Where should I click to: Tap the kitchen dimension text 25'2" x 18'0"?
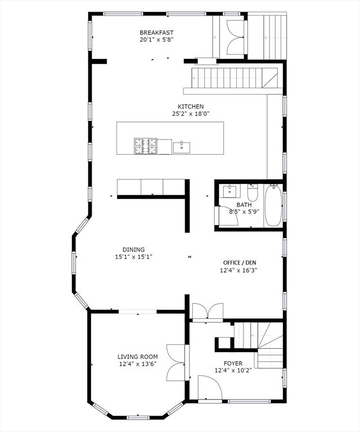[191, 114]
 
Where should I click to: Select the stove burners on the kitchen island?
[145, 146]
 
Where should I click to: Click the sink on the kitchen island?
[182, 147]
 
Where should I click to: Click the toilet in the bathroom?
[253, 193]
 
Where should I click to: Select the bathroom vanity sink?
[231, 191]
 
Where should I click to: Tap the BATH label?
[244, 205]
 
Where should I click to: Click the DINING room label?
[133, 250]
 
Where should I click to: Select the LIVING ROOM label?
[137, 357]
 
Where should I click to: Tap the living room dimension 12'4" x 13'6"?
[137, 364]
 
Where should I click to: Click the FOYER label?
[233, 363]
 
